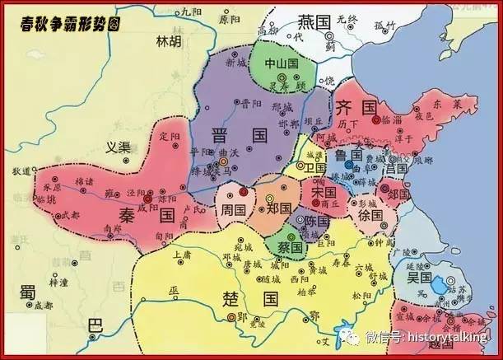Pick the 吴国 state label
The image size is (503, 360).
(420, 278)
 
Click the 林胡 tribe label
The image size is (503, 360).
(170, 40)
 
